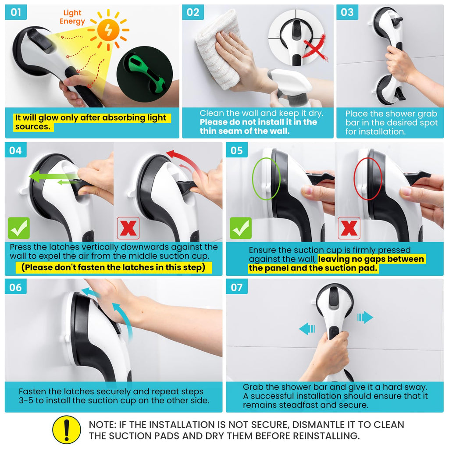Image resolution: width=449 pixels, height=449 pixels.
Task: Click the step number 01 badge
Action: coord(16,12)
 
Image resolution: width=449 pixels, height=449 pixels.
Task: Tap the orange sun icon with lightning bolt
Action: coord(109,30)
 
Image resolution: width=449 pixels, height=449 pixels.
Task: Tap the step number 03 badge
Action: coord(347,12)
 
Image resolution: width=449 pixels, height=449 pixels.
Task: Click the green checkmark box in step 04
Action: coord(19,228)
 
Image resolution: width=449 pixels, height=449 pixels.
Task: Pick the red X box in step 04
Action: coord(128,228)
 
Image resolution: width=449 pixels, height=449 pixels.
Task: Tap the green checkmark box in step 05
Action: coord(241,228)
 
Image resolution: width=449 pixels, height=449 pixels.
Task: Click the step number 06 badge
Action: coord(16,287)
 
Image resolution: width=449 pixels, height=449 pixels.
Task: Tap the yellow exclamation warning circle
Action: coord(67,430)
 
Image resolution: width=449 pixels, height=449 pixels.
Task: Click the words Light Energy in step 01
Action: coord(72,17)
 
